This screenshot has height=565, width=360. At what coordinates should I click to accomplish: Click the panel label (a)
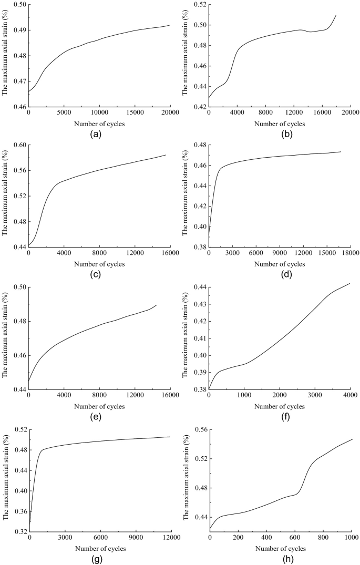(95, 134)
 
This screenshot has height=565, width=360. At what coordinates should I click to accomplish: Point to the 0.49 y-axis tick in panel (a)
(19, 30)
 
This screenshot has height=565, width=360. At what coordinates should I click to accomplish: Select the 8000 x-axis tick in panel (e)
(99, 397)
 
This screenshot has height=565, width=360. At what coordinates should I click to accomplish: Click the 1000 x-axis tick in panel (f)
(244, 397)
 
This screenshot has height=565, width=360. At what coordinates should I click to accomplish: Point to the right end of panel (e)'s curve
(157, 305)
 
